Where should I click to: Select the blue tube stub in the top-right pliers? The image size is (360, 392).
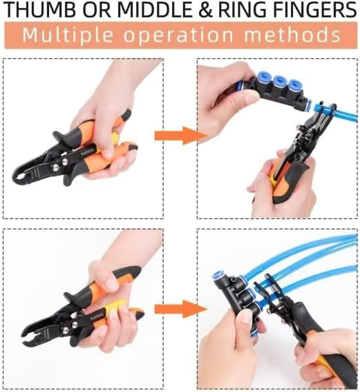click(x=318, y=109)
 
